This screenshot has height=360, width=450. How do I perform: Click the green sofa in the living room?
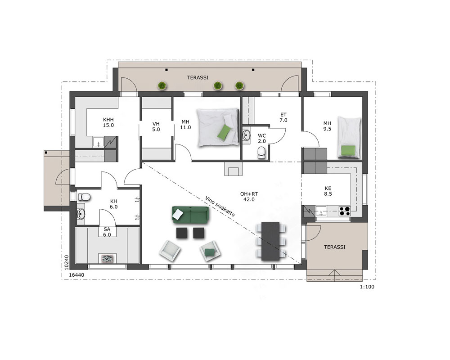coord(190,215)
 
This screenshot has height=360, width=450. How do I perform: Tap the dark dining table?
coord(270,241)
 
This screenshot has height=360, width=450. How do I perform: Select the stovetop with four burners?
coord(345,211)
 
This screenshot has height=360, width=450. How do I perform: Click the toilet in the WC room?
coord(261,153)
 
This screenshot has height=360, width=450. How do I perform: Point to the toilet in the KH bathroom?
coord(84,197)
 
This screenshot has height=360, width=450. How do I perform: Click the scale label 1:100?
coord(367,287)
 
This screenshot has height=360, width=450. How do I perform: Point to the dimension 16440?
coord(77,275)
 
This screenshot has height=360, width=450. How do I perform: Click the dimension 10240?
coord(66,262)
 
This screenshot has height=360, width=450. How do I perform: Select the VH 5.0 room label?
coord(156,126)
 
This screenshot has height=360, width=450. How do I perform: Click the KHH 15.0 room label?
coord(108,122)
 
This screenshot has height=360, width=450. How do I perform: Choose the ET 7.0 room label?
coord(283,117)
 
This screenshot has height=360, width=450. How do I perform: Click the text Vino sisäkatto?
coord(220,206)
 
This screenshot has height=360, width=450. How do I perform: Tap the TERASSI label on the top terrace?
coord(198,77)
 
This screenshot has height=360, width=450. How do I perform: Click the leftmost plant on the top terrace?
coord(162,85)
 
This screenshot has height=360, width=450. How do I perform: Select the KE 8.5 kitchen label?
coord(328,191)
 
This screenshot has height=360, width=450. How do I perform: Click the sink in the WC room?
coord(246,135)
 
